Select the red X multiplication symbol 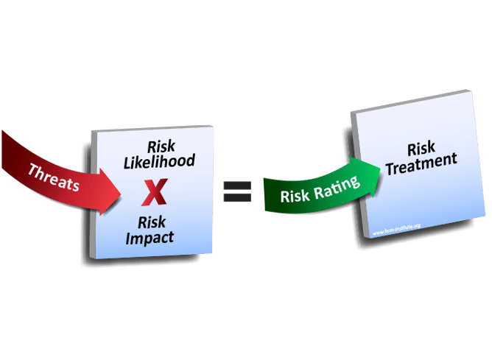154,194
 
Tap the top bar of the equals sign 237,186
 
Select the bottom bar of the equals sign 237,199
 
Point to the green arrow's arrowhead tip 384,166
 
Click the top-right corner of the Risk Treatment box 470,91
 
